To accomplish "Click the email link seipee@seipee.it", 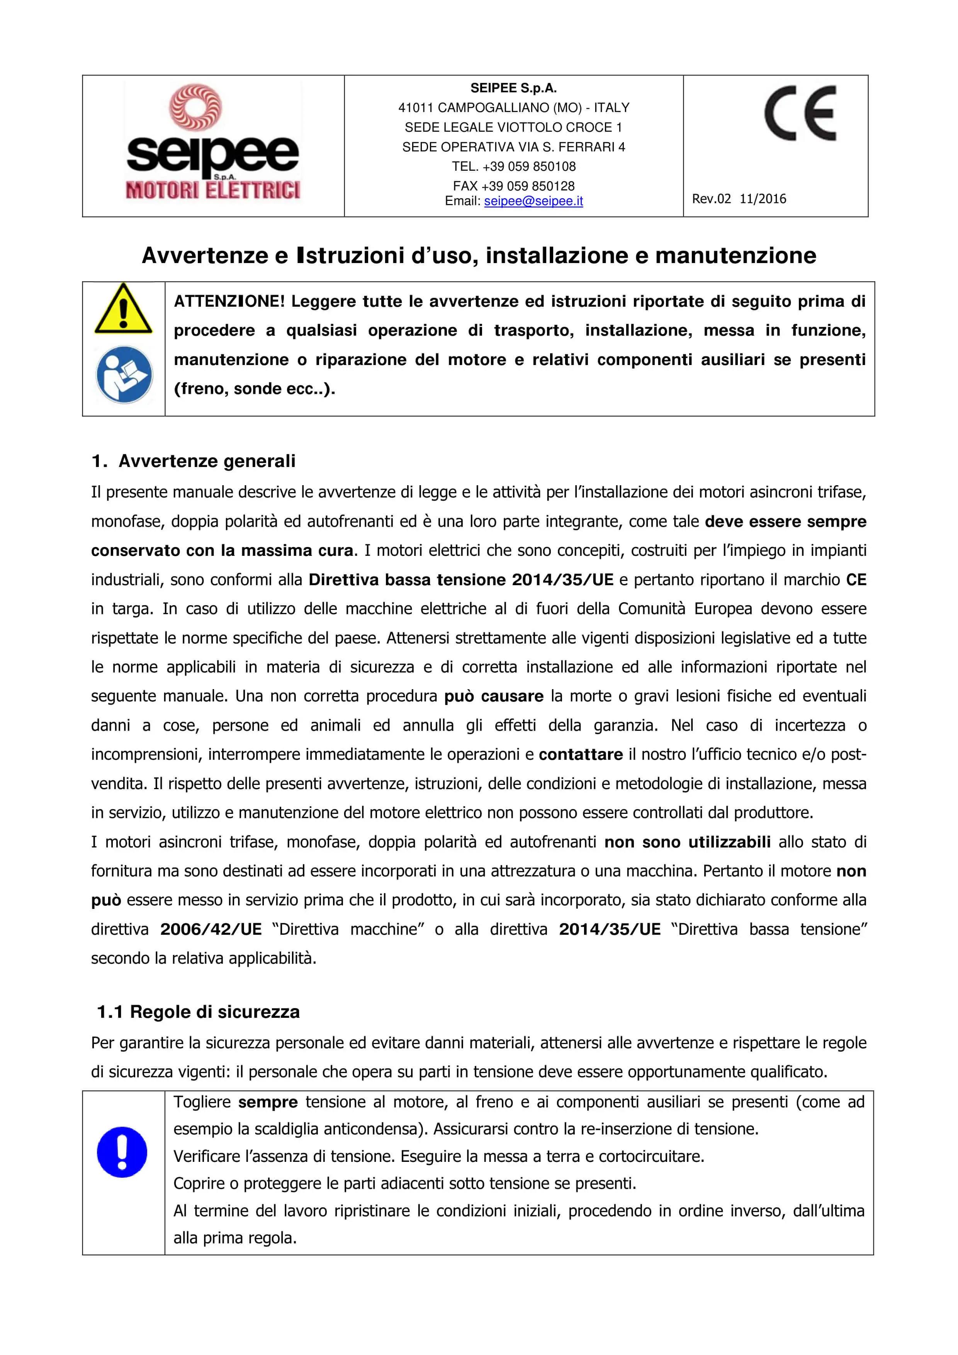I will [533, 201].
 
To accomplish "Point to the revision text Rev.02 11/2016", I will [739, 199].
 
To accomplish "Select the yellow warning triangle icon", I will [123, 310].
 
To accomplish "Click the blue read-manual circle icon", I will [124, 375].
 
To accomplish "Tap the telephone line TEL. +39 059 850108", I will [513, 166].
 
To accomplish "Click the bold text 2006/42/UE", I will [211, 929].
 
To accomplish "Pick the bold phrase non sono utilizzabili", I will [687, 842].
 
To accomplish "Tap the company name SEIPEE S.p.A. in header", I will [513, 88].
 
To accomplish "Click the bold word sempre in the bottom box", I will [268, 1102].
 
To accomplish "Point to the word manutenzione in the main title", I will [735, 256].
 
